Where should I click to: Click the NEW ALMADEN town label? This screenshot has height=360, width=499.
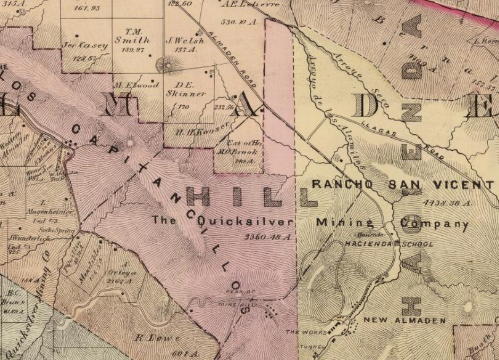coord(404,321)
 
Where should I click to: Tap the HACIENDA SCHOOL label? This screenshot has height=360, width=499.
coord(389,244)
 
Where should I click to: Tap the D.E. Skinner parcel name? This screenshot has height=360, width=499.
coord(185,89)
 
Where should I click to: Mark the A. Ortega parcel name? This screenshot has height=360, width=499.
coord(122,269)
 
